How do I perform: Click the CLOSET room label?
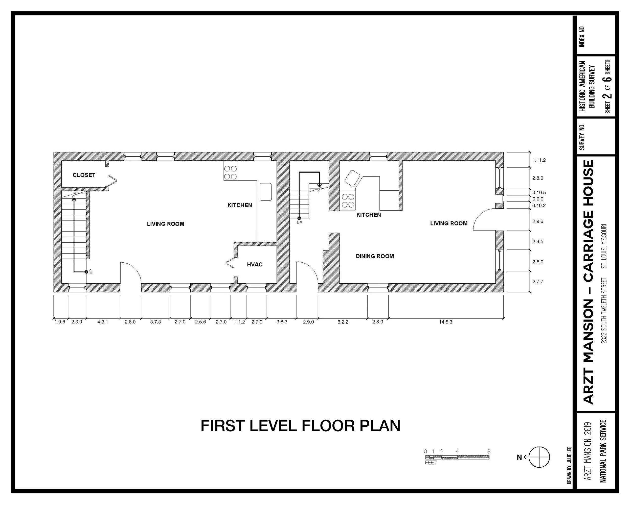pos(84,175)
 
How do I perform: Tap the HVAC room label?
pos(254,265)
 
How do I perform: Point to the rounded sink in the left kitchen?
pos(266,192)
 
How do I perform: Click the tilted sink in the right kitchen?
pos(352,178)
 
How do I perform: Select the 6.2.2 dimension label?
pos(343,322)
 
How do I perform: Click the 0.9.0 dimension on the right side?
pos(538,199)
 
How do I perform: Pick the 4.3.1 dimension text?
pos(103,322)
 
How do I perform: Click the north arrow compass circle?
pos(539,457)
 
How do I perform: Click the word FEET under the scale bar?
pos(431,463)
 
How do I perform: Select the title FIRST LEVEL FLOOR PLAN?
pos(300,426)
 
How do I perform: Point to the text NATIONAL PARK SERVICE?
pos(603,451)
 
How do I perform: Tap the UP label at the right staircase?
pos(299,223)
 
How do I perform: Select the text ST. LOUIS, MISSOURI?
pos(604,246)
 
